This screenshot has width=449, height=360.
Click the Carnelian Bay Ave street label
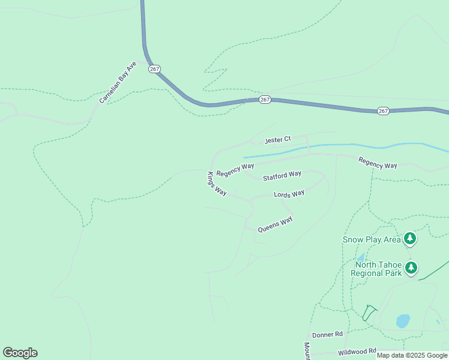(x=118, y=82)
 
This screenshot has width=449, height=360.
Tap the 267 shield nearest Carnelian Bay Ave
(x=154, y=69)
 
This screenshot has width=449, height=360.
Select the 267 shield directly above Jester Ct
(x=265, y=99)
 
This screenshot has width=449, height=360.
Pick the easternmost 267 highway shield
(x=384, y=111)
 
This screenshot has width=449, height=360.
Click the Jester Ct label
(x=277, y=140)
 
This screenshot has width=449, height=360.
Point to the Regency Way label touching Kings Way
(x=235, y=169)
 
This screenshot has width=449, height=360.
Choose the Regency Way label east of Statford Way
(x=378, y=163)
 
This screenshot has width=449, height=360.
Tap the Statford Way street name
(x=282, y=175)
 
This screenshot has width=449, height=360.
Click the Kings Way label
(x=217, y=184)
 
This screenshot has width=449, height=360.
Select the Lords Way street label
(x=289, y=194)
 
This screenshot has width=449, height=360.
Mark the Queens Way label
(x=275, y=224)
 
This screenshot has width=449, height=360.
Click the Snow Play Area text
(x=372, y=239)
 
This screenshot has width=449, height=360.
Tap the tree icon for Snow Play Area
(x=410, y=239)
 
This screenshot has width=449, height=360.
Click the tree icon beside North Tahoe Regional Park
(x=411, y=268)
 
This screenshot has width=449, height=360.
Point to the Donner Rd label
(x=327, y=334)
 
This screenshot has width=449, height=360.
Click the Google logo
(x=20, y=353)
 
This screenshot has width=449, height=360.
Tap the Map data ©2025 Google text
(x=412, y=356)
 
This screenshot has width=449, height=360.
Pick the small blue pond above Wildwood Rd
(x=403, y=320)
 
